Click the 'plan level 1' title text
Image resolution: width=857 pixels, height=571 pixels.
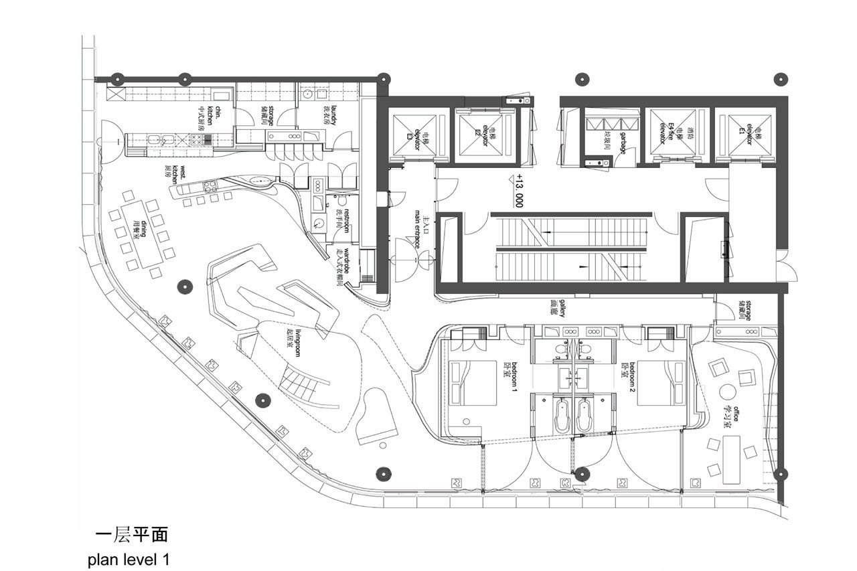(128, 559)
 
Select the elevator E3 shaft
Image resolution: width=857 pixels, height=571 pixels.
(410, 135)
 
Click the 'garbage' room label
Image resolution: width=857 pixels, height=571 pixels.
(622, 143)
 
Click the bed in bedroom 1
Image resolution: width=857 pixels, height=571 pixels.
(474, 383)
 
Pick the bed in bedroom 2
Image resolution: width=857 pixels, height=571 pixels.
(659, 383)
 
